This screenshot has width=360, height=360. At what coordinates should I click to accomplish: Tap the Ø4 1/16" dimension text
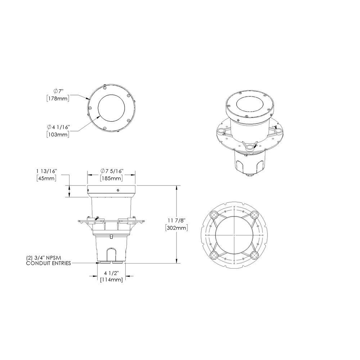[x=58, y=127]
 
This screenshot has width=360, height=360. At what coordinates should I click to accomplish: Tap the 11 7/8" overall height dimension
[x=177, y=220]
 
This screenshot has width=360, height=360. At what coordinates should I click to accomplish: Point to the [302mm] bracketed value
[x=177, y=228]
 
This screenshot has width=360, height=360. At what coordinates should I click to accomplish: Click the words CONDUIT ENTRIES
[x=49, y=263]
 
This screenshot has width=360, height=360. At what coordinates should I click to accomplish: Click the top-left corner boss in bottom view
[x=213, y=215]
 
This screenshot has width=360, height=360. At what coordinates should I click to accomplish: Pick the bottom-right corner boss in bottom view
[x=255, y=255]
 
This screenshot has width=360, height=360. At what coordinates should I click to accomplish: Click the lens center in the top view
[x=112, y=108]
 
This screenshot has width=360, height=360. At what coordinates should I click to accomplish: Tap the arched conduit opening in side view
[x=111, y=254]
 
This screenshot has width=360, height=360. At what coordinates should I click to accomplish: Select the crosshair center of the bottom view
[x=234, y=235]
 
